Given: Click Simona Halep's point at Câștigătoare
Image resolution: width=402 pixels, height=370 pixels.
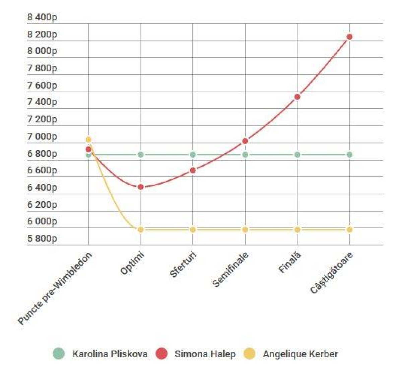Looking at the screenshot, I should click(349, 37).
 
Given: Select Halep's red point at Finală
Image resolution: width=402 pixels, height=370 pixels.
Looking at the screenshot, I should click(297, 97).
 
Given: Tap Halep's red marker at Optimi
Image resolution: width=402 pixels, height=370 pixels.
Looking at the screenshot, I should click(141, 187).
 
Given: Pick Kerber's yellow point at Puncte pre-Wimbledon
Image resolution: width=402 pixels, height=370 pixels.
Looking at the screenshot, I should click(88, 140).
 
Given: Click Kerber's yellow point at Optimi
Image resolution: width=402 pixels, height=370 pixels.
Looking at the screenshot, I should click(141, 229).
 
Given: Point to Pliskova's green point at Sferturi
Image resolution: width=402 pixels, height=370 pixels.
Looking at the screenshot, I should click(193, 155).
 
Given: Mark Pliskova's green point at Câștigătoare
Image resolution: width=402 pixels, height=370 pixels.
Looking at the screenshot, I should click(349, 155).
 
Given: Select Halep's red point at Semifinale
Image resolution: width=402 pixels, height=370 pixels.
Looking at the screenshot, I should click(245, 141).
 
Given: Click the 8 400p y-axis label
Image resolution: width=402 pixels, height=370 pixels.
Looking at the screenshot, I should click(42, 17).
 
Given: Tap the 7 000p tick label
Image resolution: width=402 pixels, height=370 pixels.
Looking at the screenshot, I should click(42, 136).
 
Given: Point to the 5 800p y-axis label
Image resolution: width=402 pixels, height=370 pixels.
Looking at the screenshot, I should click(42, 239).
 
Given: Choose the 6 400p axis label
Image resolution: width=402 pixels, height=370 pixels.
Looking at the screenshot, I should click(42, 187).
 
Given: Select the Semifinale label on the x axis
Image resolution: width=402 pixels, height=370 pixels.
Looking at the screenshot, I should click(230, 269).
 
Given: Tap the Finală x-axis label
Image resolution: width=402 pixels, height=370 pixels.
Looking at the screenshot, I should click(290, 263).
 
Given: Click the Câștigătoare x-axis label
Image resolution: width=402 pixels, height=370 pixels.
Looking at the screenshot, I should click(331, 273).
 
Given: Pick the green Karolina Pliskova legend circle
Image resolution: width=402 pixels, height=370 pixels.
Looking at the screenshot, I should click(59, 354).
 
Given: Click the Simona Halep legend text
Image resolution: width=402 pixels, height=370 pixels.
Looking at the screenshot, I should click(205, 354).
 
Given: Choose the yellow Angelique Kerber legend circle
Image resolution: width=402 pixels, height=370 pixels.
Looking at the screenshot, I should click(249, 354).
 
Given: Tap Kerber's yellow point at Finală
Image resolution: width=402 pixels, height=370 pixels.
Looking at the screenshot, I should click(297, 229).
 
